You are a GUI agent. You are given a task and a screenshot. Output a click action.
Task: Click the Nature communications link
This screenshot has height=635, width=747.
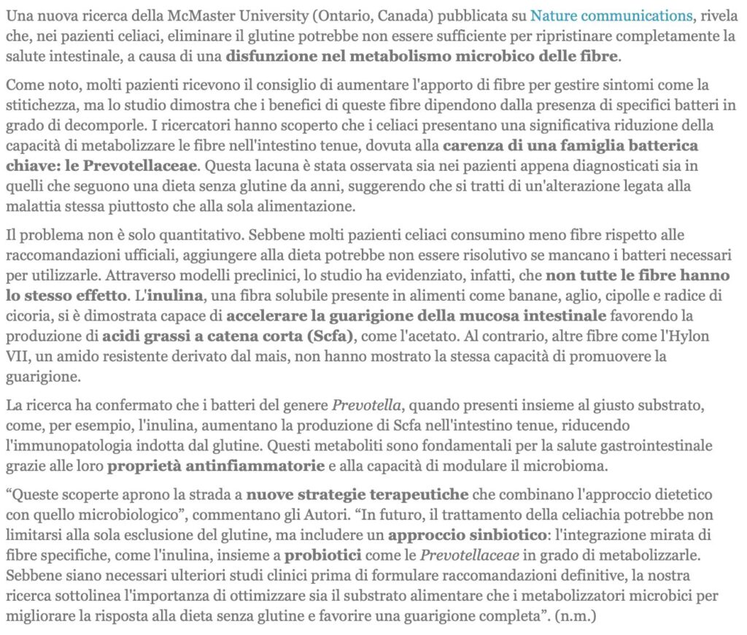[x=611, y=15]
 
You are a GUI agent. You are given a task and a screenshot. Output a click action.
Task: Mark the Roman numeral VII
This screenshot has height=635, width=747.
[x=20, y=358]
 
